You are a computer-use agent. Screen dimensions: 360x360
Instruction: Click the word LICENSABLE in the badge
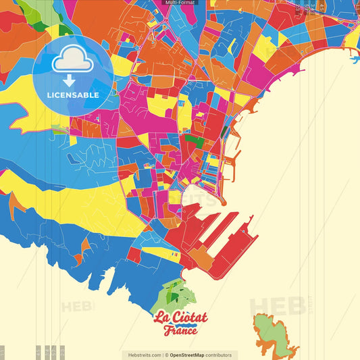[73, 95]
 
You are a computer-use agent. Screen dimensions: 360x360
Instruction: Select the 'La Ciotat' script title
[180, 317]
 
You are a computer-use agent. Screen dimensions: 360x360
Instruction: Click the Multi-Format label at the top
[180, 3]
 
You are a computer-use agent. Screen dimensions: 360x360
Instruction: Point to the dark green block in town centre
[195, 141]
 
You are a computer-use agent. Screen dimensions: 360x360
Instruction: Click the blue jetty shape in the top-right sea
[355, 59]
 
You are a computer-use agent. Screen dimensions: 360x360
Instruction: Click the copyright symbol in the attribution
[167, 355]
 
